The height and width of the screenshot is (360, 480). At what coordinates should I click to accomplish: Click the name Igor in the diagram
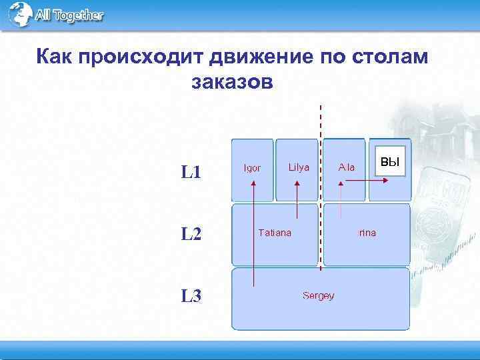point(252,167)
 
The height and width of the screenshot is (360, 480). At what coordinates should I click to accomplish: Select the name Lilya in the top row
point(299,167)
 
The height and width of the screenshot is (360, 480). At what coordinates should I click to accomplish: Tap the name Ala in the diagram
point(347,167)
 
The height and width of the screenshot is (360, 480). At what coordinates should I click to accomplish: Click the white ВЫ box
point(389,162)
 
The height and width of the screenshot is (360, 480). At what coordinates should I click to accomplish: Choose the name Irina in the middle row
point(367,233)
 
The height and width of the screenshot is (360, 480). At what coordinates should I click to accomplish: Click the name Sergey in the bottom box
point(318,295)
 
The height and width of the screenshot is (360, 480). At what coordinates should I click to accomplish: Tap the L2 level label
point(191,234)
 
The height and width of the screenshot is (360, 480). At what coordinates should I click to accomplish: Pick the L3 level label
point(191,295)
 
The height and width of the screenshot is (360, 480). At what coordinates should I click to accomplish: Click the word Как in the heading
point(54,58)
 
